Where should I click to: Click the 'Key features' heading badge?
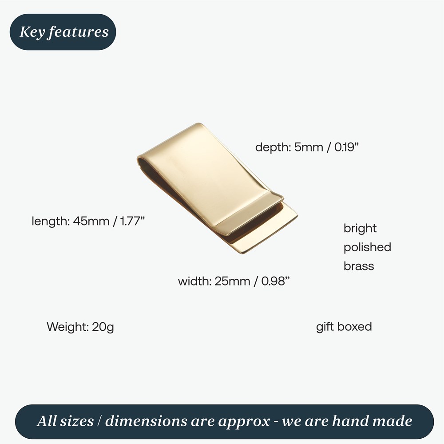pos(63,32)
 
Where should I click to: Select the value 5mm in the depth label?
pos(309,147)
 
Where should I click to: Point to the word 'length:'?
pos(49,221)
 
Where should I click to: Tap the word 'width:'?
pos(195,281)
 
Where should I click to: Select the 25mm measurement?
pos(232,281)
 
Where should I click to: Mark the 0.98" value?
pos(275,281)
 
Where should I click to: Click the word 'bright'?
pos(360,228)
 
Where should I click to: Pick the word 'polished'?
pos(367,247)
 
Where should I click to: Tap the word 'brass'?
pos(359,266)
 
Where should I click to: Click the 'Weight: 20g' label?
pos(80,327)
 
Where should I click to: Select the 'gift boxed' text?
pos(344,327)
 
